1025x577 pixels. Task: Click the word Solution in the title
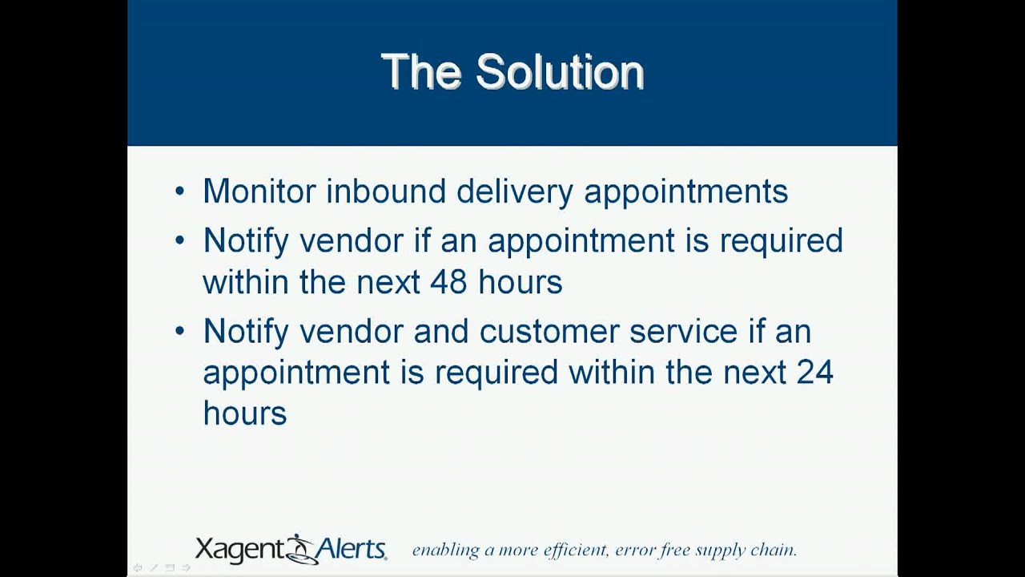pos(560,72)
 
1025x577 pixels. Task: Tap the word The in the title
pos(421,72)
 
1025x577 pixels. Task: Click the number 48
pos(449,282)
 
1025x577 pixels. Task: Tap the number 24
pos(814,372)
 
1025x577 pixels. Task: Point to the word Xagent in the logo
pos(240,550)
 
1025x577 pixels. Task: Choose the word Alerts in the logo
pos(352,549)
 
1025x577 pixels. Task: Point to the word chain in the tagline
pos(773,550)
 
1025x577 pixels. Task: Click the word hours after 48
pos(521,282)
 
